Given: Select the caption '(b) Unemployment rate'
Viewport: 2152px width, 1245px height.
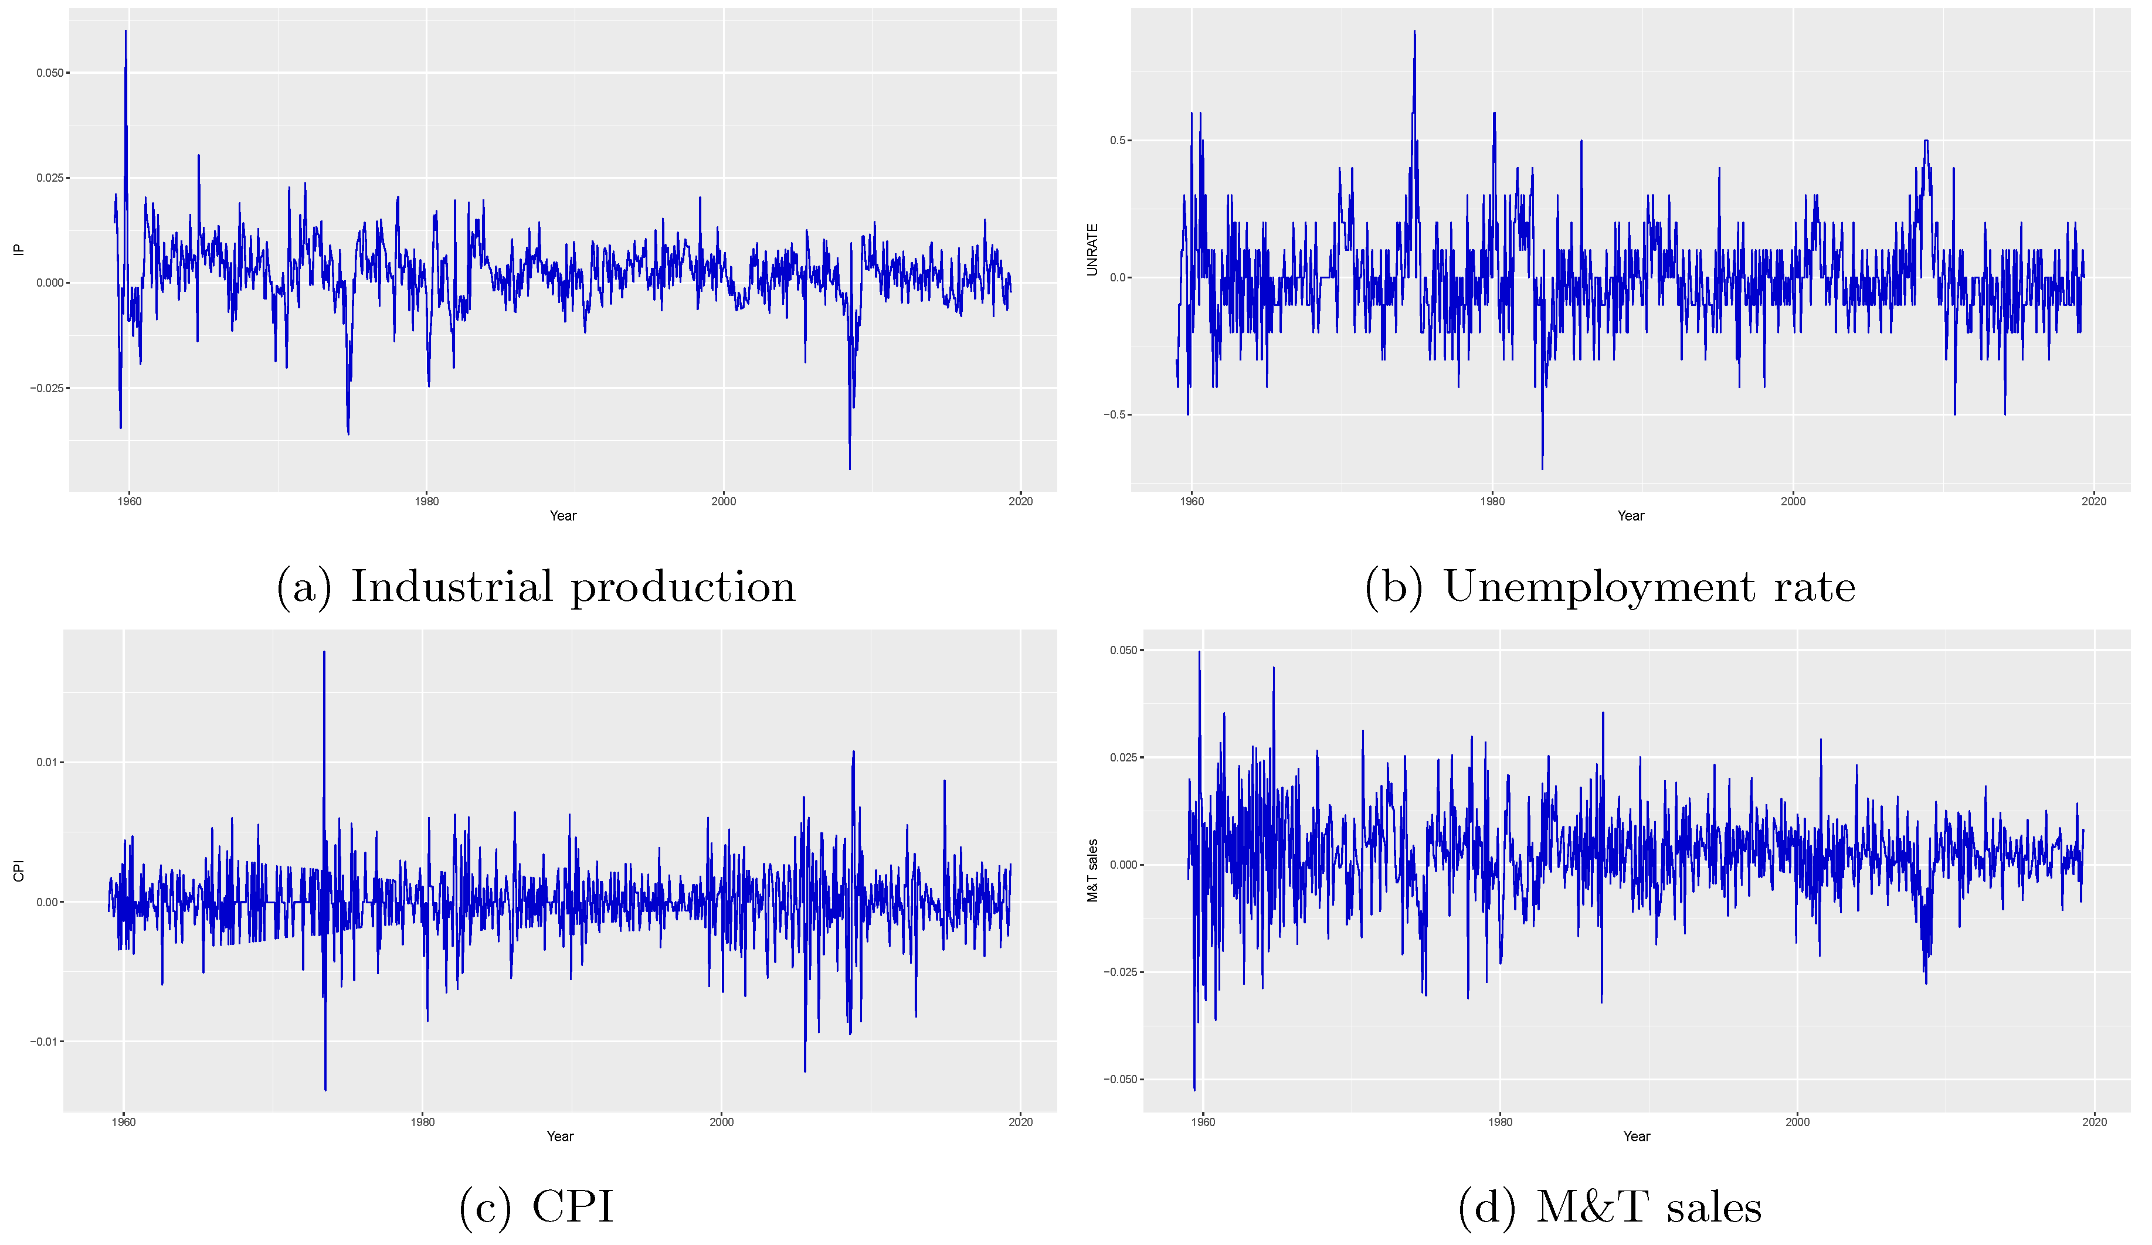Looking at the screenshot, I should pos(1610,587).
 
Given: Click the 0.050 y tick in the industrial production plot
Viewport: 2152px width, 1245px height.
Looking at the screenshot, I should pos(49,73).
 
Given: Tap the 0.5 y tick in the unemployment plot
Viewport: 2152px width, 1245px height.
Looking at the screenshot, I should pos(1119,141).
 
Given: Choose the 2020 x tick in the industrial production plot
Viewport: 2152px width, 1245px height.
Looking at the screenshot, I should pos(1020,501).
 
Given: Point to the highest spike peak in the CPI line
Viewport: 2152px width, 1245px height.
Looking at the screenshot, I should pos(324,652).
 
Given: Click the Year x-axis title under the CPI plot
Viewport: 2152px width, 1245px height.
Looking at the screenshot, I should pos(560,1137).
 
